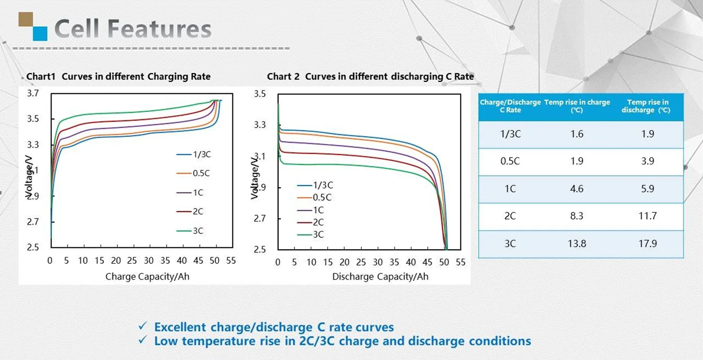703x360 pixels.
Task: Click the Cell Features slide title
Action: (133, 29)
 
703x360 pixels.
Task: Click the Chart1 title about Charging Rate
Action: (118, 77)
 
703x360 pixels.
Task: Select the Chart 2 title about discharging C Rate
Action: (370, 77)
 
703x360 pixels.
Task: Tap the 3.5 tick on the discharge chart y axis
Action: (260, 94)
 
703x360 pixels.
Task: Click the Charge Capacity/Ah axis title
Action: (147, 276)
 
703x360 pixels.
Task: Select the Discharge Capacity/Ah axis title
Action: (380, 277)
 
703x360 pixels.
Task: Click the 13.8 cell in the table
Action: (576, 244)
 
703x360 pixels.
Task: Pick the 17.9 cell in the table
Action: (648, 244)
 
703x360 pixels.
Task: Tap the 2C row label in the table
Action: (510, 216)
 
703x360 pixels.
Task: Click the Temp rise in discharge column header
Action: (648, 106)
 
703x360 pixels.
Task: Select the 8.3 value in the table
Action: (576, 216)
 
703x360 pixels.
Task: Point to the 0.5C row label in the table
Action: (510, 161)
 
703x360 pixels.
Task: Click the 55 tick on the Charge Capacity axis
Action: (231, 261)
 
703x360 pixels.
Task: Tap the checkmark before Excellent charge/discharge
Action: (142, 326)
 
